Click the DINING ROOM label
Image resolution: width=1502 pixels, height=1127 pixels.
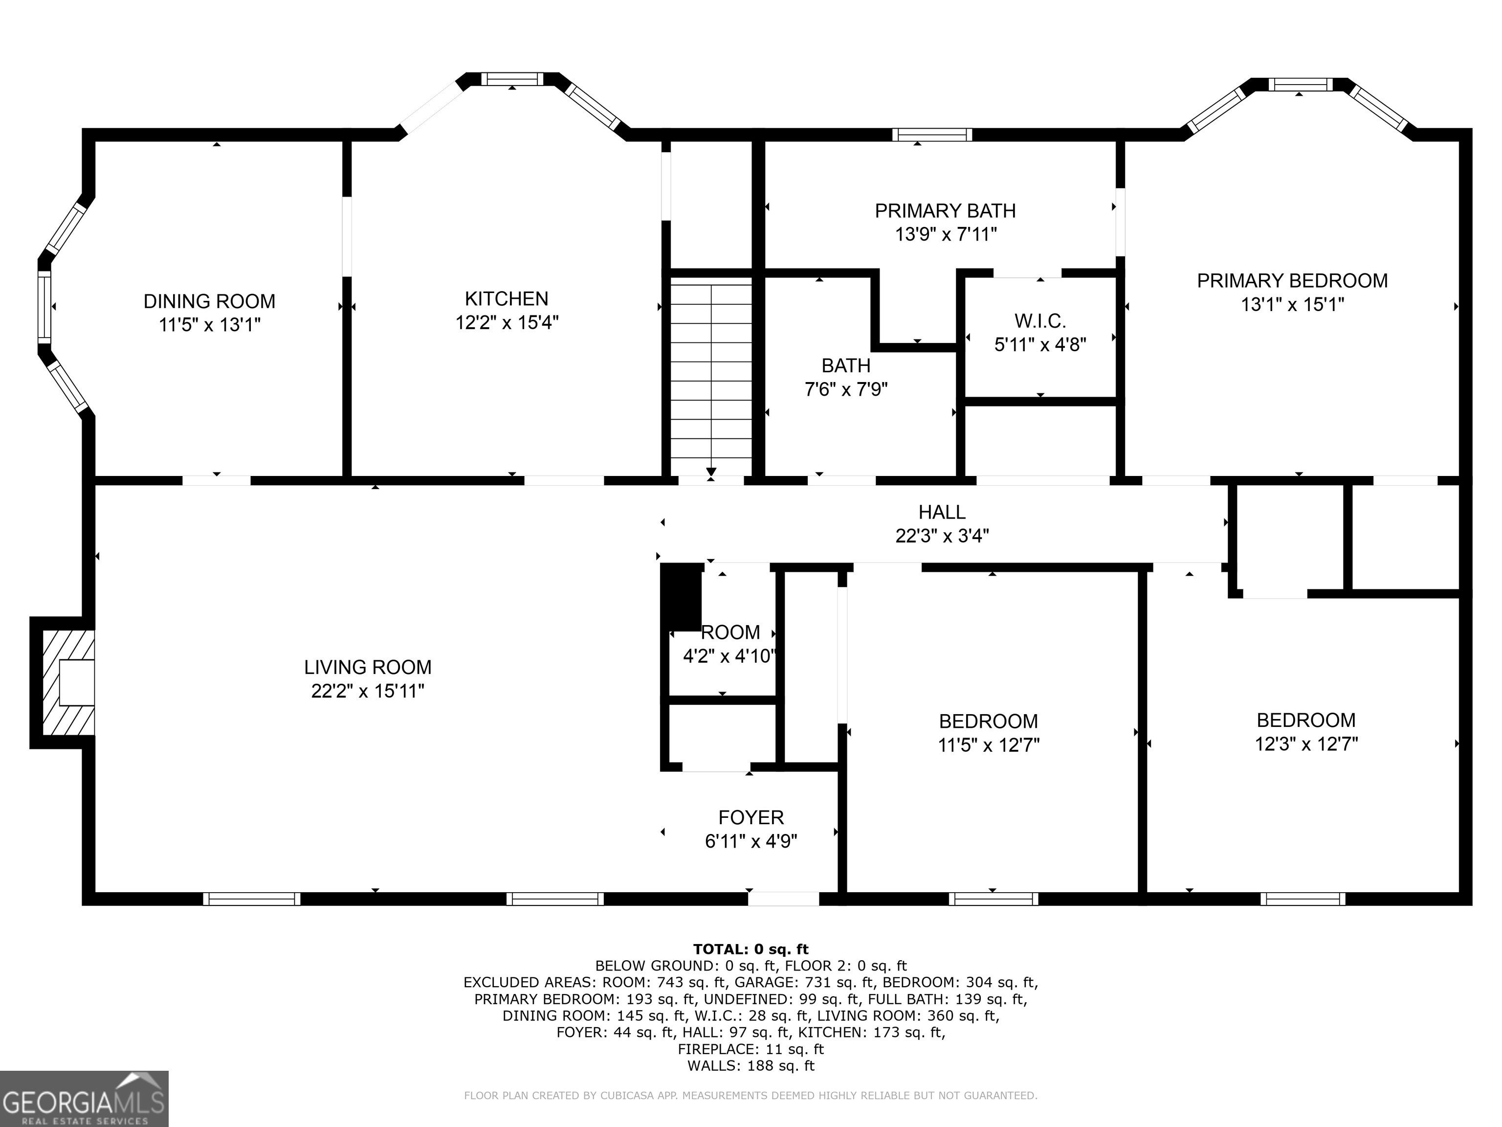click(x=209, y=301)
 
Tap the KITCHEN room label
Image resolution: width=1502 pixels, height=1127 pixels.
click(x=507, y=298)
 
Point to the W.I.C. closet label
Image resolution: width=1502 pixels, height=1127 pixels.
click(x=1040, y=321)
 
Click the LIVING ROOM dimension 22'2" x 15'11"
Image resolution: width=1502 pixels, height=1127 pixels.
click(x=368, y=691)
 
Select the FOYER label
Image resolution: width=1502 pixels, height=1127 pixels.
click(x=751, y=817)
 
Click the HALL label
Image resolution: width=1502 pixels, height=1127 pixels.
click(x=942, y=512)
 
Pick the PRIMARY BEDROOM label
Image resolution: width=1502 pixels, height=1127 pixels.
click(x=1292, y=281)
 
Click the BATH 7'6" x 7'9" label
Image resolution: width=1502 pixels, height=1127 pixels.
click(x=846, y=378)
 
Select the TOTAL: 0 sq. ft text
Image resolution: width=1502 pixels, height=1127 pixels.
click(x=751, y=949)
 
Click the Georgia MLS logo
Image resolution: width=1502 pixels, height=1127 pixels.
click(x=84, y=1099)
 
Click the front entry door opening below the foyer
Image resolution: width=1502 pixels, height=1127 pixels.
click(x=784, y=899)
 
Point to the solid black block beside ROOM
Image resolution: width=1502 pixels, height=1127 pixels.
click(x=681, y=598)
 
